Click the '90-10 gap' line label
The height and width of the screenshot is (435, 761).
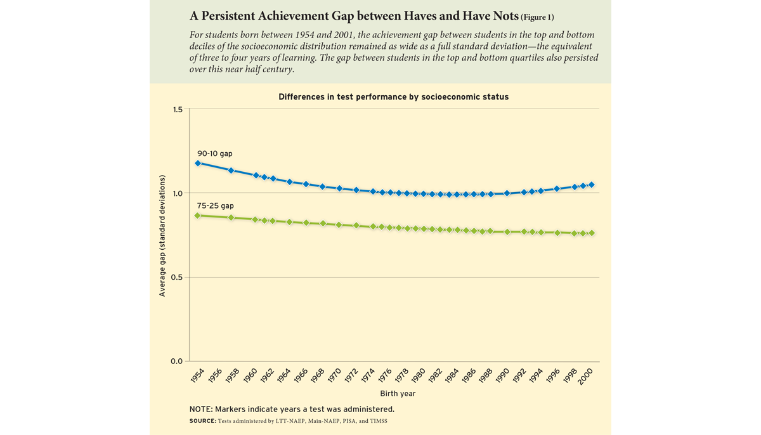[214, 153]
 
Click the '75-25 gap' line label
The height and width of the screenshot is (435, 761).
[214, 206]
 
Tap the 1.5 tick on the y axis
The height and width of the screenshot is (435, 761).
[177, 110]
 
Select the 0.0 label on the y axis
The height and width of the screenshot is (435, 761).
[177, 361]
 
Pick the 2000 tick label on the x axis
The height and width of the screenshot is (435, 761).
[586, 375]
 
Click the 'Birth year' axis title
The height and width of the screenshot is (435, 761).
[393, 394]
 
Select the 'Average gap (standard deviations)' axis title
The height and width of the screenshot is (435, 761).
[162, 236]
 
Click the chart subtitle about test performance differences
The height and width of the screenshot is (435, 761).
[393, 97]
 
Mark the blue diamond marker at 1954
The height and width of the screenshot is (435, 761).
[198, 163]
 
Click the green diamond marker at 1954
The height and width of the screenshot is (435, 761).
[198, 216]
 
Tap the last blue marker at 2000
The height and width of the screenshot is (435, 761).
[592, 185]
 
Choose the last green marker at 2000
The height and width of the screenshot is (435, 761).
[592, 233]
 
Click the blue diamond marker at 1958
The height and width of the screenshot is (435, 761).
[231, 170]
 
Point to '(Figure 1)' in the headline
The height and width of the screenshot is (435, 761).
[537, 17]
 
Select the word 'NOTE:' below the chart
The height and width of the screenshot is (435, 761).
[202, 409]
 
